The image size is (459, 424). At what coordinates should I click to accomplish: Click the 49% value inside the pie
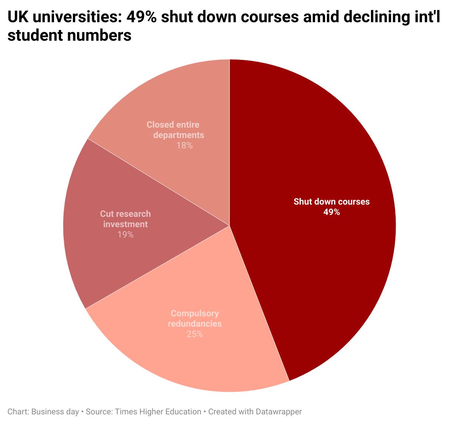coord(331,212)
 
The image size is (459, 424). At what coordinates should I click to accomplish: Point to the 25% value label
coord(195,334)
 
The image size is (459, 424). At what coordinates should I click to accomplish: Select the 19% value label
coord(125,235)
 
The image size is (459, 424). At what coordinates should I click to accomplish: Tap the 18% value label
coord(184,145)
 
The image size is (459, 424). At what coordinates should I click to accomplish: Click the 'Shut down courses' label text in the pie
coord(331,202)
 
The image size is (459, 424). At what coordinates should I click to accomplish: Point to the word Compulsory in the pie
coord(195,313)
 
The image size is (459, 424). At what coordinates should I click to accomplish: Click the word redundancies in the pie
coord(195,324)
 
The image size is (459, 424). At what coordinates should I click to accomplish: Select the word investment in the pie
coord(125,224)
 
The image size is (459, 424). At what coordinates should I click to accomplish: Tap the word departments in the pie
coord(178,135)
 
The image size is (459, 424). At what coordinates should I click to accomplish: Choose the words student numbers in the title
coord(70,36)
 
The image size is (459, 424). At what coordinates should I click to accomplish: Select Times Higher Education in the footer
coord(158,412)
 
